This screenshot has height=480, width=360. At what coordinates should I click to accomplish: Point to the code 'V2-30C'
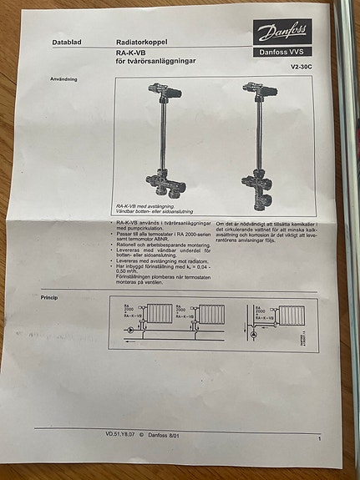click(x=301, y=66)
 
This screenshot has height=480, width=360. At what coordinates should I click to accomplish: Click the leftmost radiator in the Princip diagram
click(x=159, y=316)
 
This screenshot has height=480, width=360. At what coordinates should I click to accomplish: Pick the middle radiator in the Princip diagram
click(x=210, y=316)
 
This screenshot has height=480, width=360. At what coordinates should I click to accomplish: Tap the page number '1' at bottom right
click(x=320, y=436)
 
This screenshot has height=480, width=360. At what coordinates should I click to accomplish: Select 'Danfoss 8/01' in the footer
click(x=162, y=434)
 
